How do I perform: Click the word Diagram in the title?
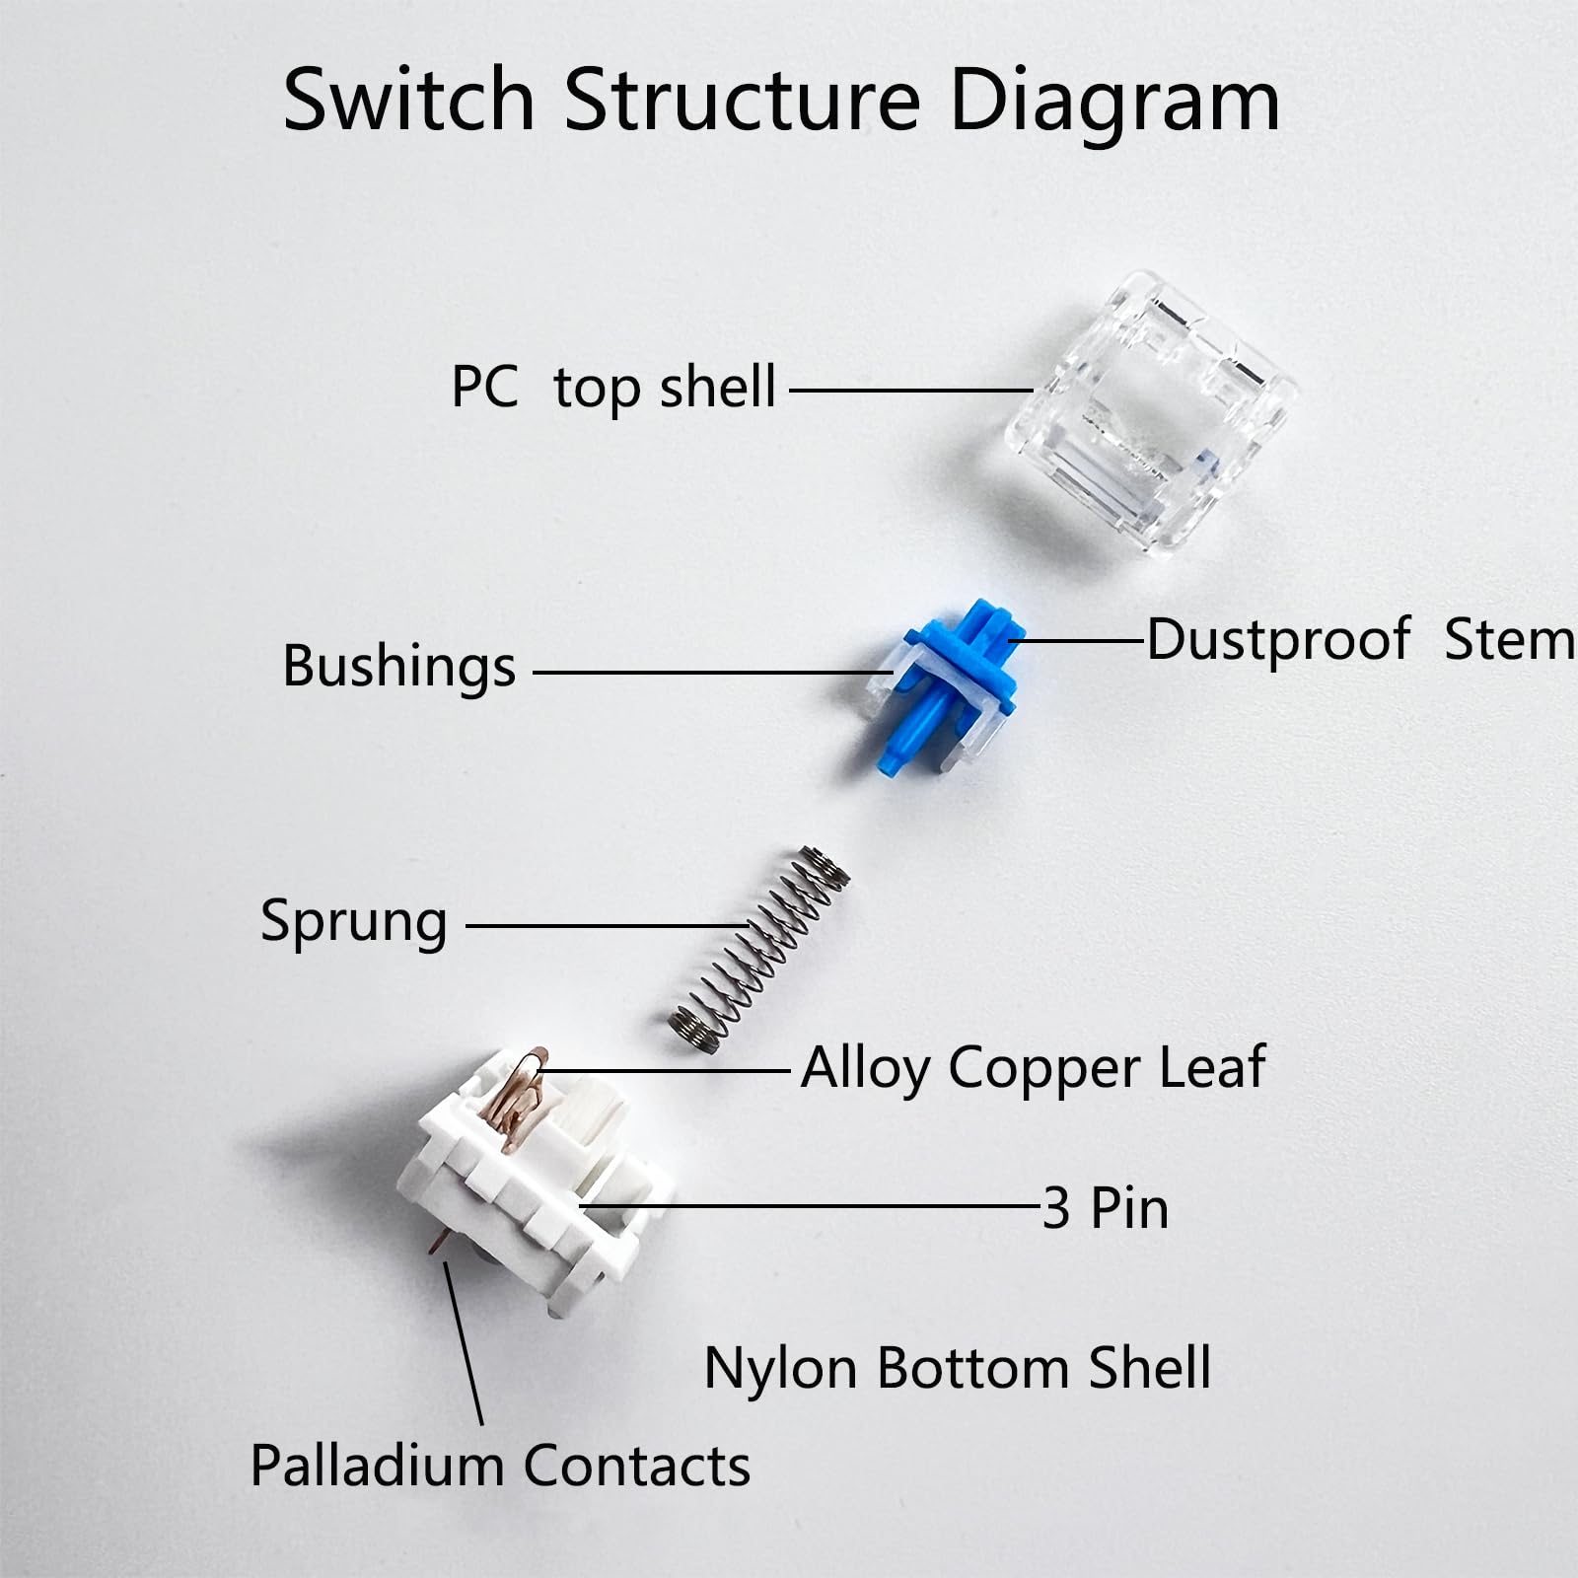click(x=1113, y=101)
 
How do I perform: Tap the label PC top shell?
click(x=612, y=387)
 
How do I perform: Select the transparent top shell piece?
click(x=1150, y=414)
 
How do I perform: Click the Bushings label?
click(x=398, y=667)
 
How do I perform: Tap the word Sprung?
click(x=353, y=921)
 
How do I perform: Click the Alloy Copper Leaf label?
click(x=1033, y=1067)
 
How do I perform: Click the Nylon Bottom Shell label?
click(x=957, y=1368)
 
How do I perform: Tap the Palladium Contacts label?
click(x=500, y=1466)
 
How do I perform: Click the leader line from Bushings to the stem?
click(x=710, y=674)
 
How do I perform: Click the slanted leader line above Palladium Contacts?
click(x=464, y=1341)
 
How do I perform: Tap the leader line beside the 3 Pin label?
click(x=809, y=1205)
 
